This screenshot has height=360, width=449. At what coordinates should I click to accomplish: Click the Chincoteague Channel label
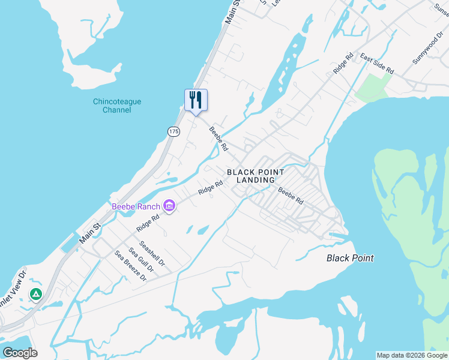(117, 106)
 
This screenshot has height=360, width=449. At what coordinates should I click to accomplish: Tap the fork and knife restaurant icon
(196, 100)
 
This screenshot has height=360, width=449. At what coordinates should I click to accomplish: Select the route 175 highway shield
(173, 131)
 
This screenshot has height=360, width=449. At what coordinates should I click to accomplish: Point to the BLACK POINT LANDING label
(251, 176)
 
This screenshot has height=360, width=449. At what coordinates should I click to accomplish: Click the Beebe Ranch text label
(136, 207)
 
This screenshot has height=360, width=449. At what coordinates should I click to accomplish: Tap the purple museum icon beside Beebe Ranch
(169, 207)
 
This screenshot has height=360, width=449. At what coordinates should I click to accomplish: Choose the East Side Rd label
(376, 64)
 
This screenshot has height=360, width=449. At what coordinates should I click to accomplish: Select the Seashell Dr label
(152, 254)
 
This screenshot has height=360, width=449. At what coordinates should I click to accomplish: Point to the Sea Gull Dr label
(142, 260)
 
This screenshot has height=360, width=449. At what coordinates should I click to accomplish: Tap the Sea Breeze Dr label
(131, 266)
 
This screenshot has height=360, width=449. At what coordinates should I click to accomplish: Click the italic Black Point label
(350, 258)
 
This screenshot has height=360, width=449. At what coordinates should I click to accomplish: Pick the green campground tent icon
(36, 295)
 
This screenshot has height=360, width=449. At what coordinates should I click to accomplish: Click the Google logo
(20, 353)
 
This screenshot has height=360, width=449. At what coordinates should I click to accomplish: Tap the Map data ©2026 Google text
(412, 355)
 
